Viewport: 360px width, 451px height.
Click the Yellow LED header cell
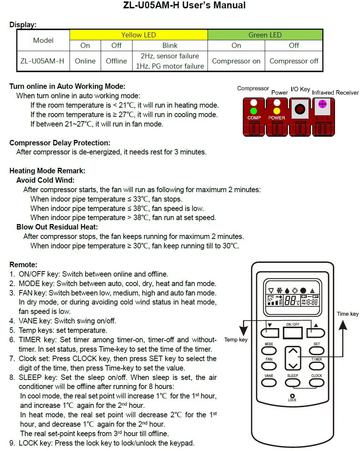[138, 35]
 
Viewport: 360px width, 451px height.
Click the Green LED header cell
[265, 35]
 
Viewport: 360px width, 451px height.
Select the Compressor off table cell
[294, 61]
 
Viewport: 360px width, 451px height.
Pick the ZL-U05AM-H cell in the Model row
[42, 61]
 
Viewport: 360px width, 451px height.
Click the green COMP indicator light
[254, 111]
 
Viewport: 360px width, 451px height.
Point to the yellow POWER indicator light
[277, 111]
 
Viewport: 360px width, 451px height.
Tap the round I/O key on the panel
[300, 109]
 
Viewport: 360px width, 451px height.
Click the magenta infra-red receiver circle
[322, 104]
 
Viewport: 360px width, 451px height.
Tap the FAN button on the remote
[269, 366]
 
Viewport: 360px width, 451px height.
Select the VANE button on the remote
[269, 382]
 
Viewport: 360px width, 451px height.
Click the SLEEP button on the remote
[293, 382]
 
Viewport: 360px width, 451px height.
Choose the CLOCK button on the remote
[317, 382]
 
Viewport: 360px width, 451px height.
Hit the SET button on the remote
[317, 351]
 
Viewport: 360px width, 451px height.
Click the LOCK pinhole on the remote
[292, 396]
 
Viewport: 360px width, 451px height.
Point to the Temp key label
[236, 340]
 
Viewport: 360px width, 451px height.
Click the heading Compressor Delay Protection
[60, 143]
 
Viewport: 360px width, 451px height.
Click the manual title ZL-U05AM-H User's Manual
[184, 5]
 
